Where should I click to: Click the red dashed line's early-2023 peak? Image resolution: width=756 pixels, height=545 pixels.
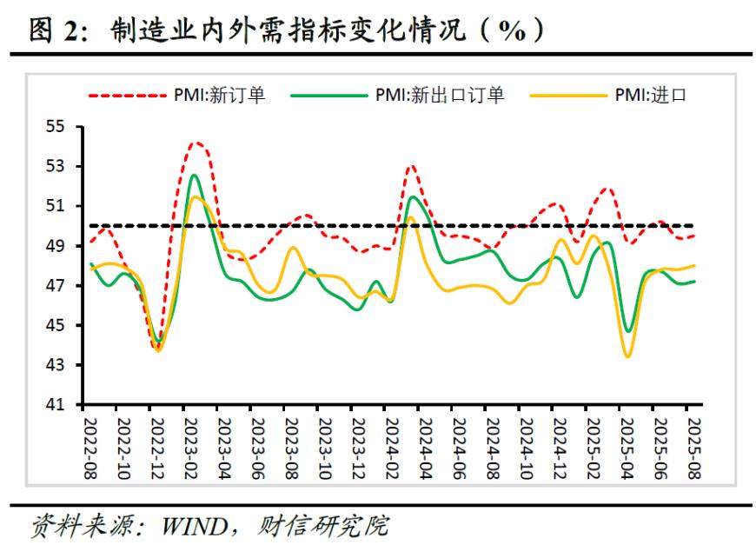click(196, 143)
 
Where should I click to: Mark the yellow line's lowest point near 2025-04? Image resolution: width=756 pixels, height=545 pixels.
click(627, 356)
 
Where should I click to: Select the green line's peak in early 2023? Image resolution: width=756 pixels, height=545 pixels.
click(193, 175)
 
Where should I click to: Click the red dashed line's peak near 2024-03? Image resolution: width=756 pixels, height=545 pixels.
click(411, 165)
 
